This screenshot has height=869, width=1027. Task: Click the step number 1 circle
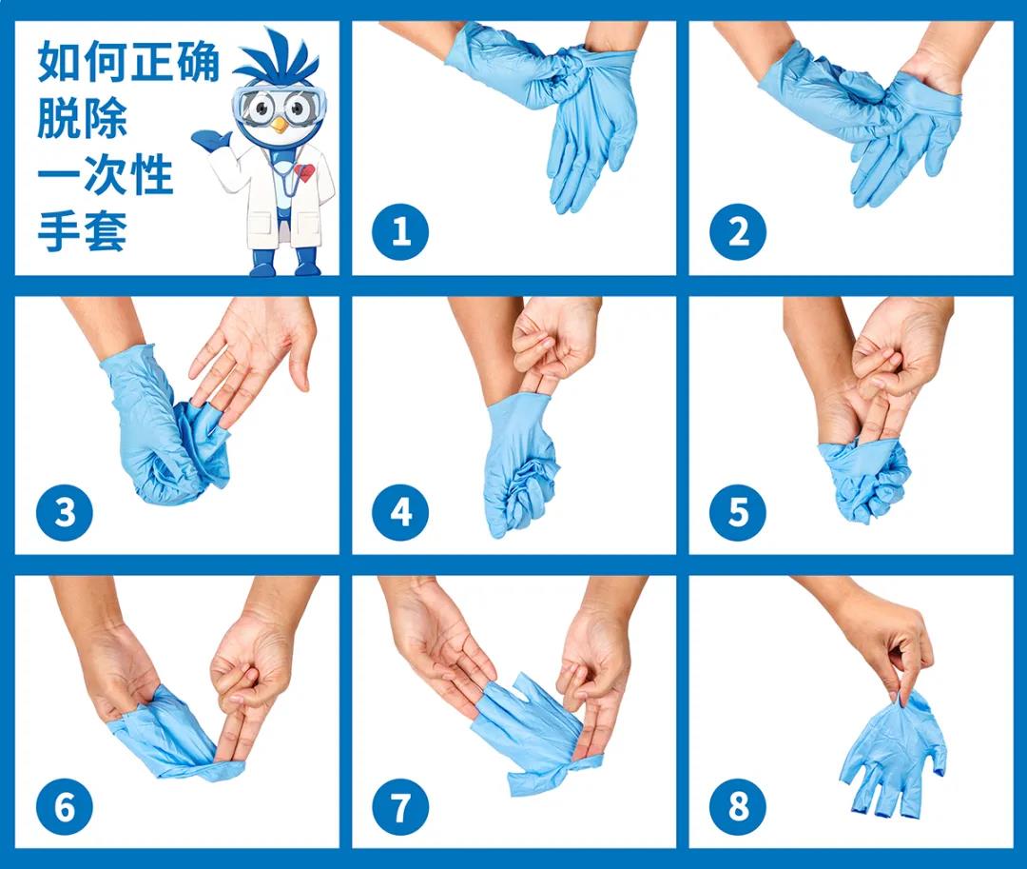click(400, 231)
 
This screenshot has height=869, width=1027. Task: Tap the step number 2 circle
click(738, 231)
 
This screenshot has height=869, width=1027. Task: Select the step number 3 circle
click(65, 512)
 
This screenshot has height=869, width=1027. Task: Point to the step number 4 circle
click(400, 512)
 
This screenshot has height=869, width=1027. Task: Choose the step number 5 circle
click(738, 512)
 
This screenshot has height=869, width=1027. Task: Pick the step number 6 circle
click(65, 807)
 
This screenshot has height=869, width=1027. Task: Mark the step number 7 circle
click(400, 807)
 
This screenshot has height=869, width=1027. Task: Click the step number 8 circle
click(738, 807)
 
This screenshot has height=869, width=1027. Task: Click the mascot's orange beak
click(278, 125)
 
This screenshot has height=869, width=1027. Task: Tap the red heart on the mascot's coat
click(303, 173)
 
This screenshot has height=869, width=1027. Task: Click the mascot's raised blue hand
click(210, 140)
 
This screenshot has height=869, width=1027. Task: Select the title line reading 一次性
click(105, 177)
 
